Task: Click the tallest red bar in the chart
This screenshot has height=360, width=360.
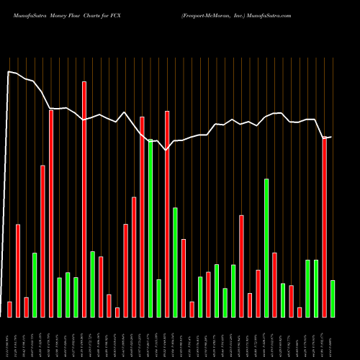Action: (x=84, y=199)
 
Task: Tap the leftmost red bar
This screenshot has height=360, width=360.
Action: (x=10, y=309)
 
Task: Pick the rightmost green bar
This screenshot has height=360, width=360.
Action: (x=333, y=298)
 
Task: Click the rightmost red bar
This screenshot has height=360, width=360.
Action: (x=325, y=227)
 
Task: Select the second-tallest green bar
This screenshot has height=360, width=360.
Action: (x=266, y=248)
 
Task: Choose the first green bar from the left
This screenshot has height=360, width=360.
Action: (x=35, y=284)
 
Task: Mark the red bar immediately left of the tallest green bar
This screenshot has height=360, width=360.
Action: (x=143, y=216)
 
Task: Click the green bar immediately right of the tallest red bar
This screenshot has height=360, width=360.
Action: (x=92, y=284)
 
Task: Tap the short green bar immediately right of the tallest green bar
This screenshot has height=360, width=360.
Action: (x=158, y=297)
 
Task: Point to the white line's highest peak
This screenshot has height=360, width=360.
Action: (x=9, y=71)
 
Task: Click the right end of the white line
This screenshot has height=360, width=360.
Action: (x=331, y=136)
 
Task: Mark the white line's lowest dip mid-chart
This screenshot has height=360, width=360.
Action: (x=166, y=150)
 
